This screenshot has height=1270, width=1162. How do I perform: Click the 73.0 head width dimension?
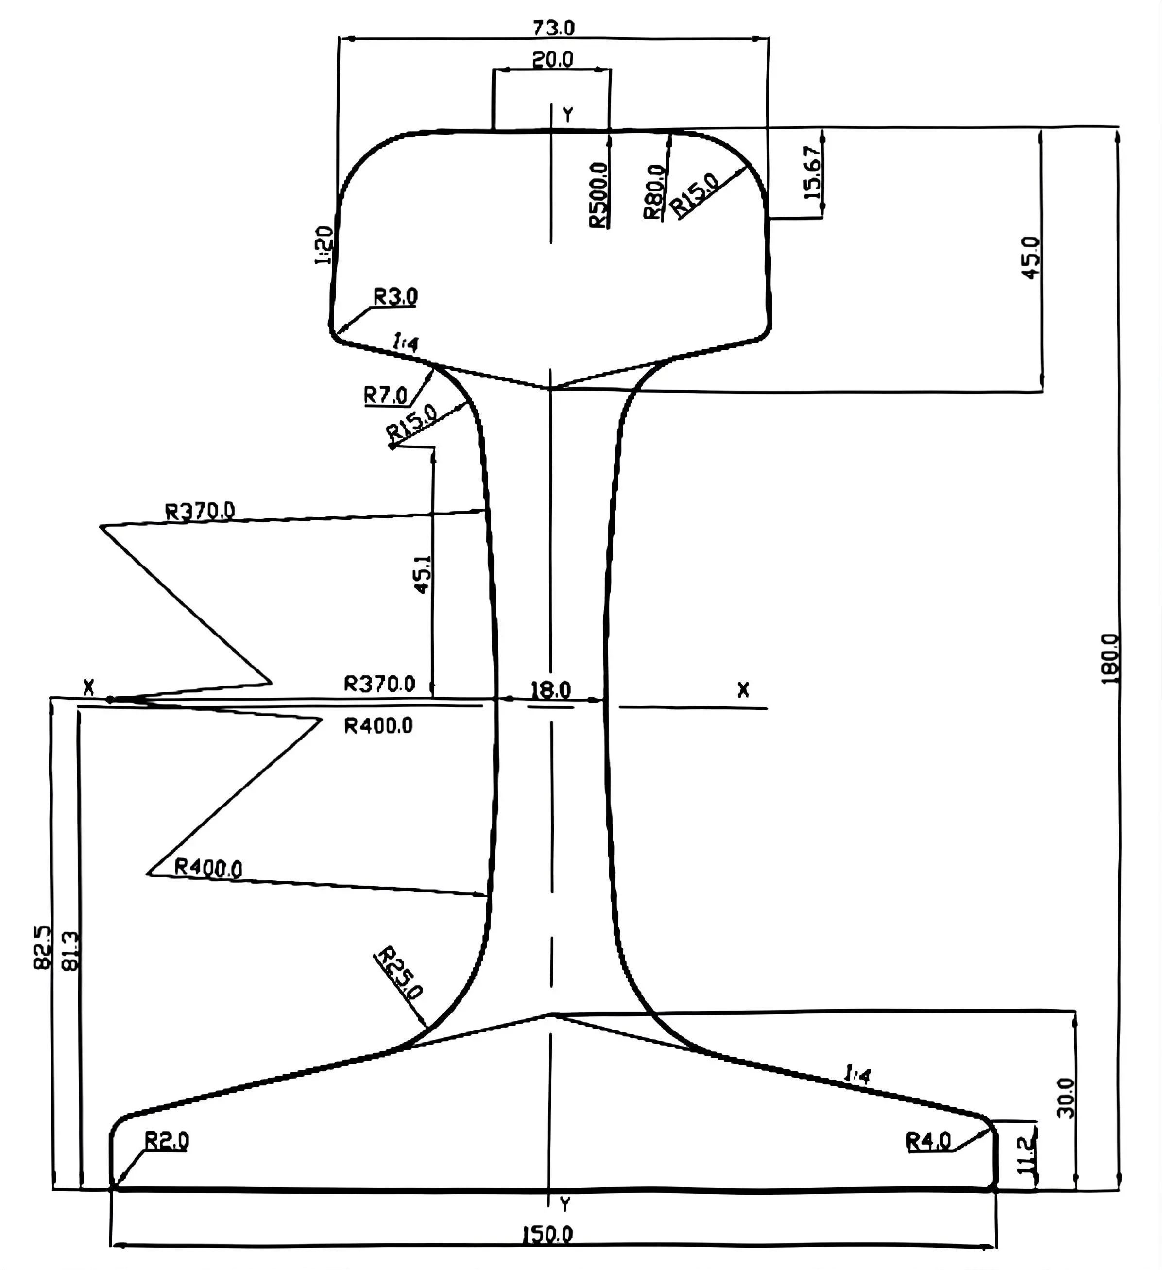554,28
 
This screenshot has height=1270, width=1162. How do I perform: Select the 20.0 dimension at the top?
552,60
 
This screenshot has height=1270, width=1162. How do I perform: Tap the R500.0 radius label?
599,195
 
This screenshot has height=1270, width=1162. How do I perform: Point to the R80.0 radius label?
654,191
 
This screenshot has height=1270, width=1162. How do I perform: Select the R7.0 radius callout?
385,395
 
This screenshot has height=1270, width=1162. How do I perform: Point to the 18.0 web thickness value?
550,690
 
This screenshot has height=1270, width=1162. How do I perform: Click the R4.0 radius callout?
928,1141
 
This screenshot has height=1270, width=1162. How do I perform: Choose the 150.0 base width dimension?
547,1234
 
